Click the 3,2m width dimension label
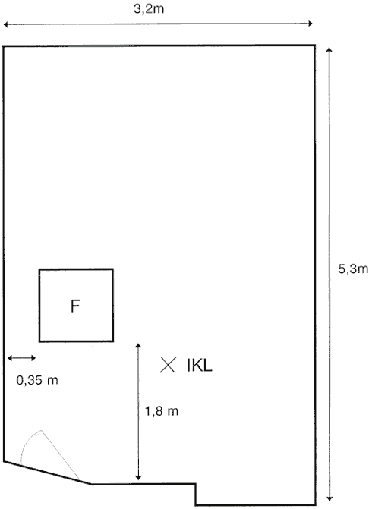[x=149, y=9]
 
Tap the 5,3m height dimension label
[x=353, y=269]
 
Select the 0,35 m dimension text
[x=37, y=380]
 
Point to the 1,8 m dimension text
[x=162, y=411]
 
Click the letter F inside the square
[x=75, y=306]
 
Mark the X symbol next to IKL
[x=168, y=365]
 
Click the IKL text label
[x=200, y=366]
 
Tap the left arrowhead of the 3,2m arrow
[x=5, y=24]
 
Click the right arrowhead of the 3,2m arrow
[x=311, y=24]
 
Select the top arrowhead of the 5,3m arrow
[x=329, y=50]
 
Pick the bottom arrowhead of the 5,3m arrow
[x=329, y=498]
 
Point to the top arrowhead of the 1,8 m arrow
[x=138, y=346]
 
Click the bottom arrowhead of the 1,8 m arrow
[x=138, y=477]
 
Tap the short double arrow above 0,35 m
[x=21, y=358]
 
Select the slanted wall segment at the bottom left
[x=47, y=473]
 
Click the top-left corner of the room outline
[x=4, y=46]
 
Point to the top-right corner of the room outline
[x=314, y=46]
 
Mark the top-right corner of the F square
[x=112, y=269]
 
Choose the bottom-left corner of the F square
[x=39, y=341]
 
